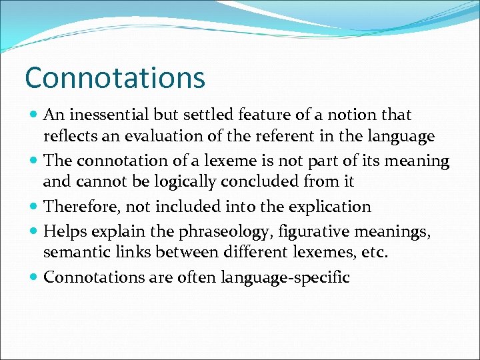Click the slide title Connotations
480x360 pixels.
115,78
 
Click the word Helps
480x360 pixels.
62,232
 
